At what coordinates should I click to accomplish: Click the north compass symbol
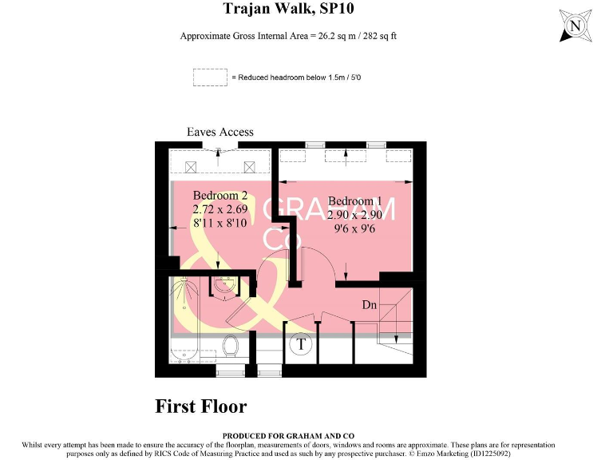(575, 26)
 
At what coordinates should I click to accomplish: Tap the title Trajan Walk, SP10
(288, 8)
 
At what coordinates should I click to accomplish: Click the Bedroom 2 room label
(220, 195)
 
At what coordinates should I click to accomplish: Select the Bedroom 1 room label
(355, 201)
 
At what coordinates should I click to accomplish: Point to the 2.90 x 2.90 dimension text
(354, 215)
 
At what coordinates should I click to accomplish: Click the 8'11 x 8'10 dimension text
(220, 223)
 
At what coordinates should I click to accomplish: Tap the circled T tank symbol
(301, 344)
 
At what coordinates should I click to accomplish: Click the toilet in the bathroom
(231, 346)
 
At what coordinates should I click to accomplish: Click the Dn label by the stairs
(370, 305)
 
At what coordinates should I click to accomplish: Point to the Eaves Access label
(220, 132)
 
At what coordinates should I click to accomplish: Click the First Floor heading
(201, 406)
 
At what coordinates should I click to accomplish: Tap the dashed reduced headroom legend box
(210, 77)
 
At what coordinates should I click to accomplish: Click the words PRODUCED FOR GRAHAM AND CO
(288, 436)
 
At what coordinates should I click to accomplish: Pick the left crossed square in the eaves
(191, 168)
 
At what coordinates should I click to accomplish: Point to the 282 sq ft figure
(380, 36)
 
